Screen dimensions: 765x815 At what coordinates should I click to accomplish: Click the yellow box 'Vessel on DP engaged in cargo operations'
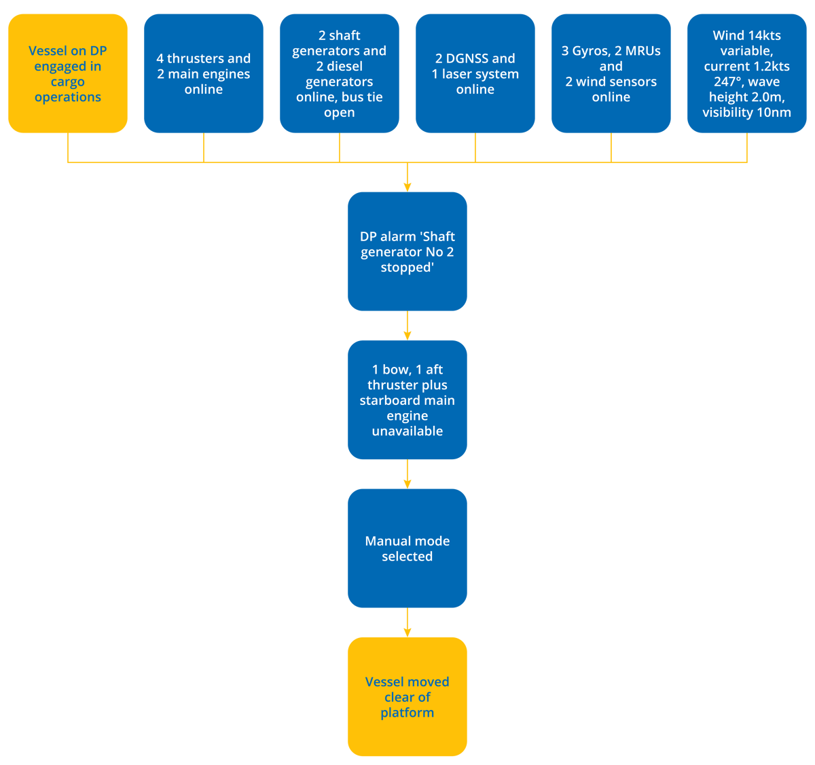pos(68,73)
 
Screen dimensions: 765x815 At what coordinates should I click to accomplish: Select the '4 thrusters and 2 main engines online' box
pos(204,73)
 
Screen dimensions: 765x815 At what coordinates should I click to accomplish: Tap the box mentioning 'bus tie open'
pos(340,73)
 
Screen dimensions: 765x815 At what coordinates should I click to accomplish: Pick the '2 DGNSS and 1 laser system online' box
pos(475,73)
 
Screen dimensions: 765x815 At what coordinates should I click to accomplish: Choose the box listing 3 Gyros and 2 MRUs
pos(611,73)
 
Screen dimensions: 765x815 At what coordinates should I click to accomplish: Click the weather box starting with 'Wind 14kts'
pos(747,73)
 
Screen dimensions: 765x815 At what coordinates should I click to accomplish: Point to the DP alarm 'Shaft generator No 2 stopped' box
pos(407,251)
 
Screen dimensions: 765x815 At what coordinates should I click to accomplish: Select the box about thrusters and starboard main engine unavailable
pos(407,400)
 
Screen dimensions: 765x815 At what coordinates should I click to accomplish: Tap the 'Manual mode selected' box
pos(407,548)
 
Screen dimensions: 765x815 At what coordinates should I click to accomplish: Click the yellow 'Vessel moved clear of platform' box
pos(407,696)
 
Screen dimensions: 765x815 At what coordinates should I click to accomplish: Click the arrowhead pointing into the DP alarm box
pos(407,185)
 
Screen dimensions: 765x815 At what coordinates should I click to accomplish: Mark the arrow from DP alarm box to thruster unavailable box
pos(407,327)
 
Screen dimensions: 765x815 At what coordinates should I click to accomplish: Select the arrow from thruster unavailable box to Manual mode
pos(407,475)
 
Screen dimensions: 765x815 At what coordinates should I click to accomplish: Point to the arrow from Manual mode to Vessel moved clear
pos(407,623)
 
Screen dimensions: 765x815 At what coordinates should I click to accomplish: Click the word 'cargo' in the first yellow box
pos(68,82)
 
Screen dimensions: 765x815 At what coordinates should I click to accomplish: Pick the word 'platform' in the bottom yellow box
pos(407,713)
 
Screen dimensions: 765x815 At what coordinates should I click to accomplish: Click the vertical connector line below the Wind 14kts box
pos(747,148)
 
